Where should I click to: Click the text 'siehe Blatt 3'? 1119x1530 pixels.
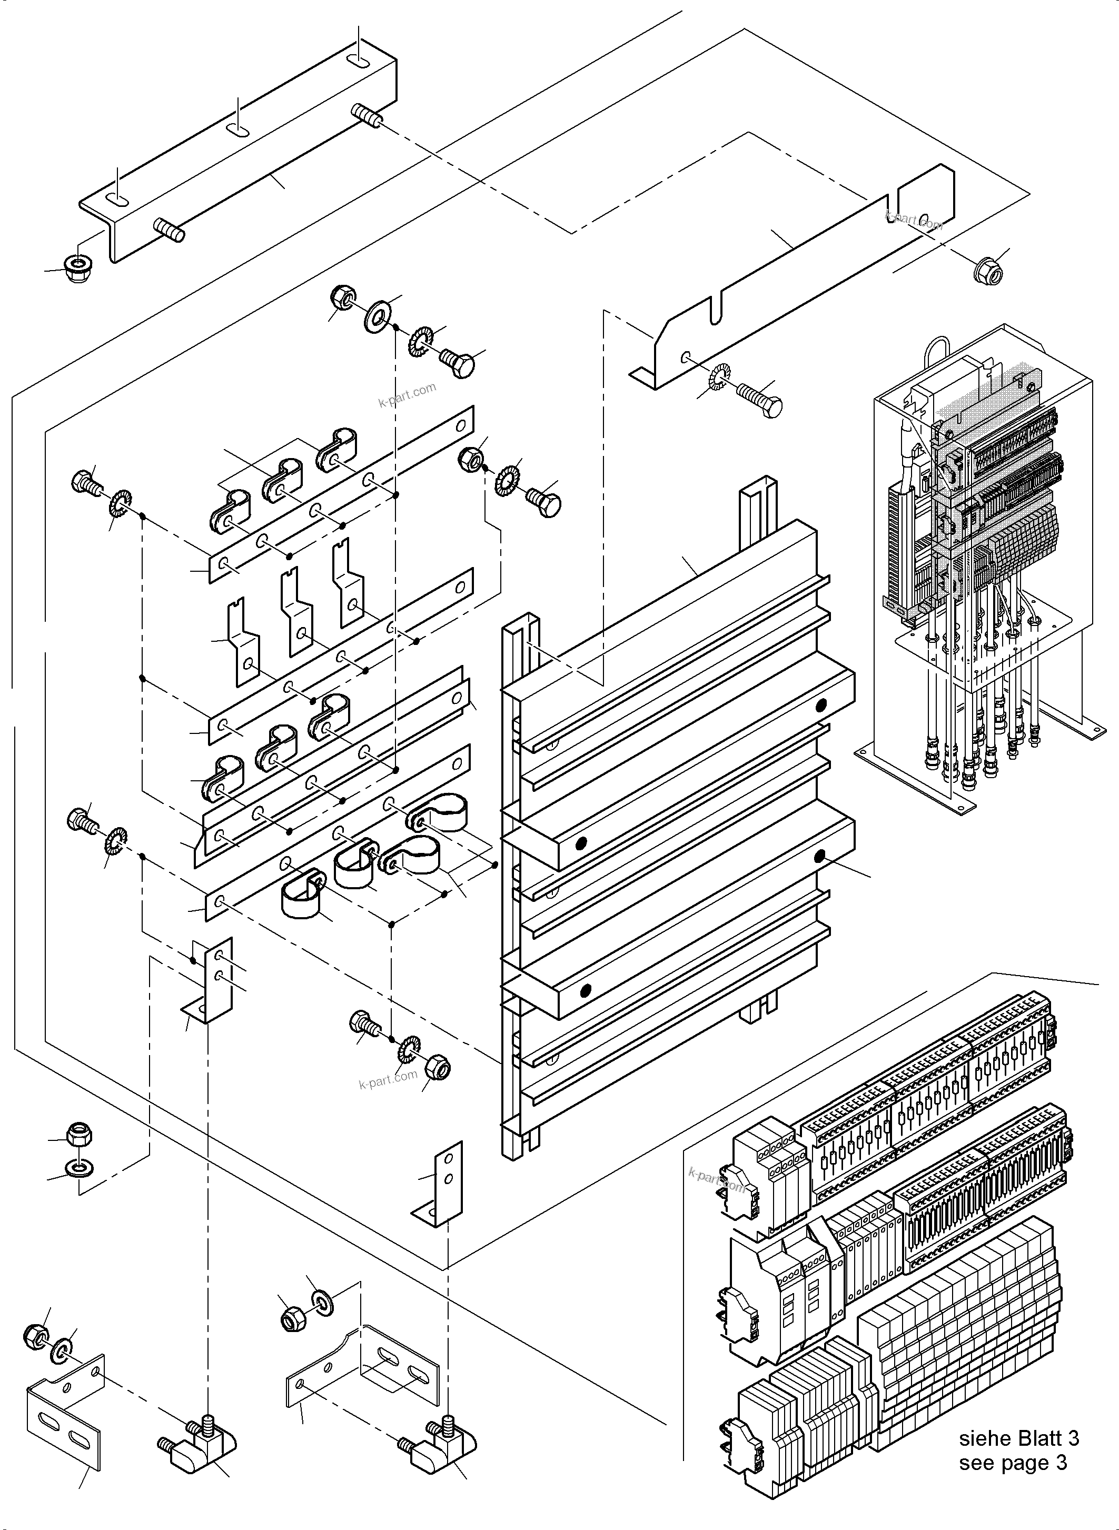pos(1019,1438)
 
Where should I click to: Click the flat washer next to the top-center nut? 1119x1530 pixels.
pos(377,315)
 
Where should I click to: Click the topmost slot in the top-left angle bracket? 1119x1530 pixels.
pos(359,62)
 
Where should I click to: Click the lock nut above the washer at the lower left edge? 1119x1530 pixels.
pos(79,1135)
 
